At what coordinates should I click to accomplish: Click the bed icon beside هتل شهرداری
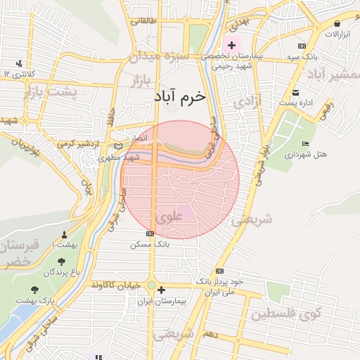[x=304, y=143]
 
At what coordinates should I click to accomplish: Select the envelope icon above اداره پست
[x=295, y=93]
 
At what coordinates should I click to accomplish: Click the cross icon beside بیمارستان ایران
[x=162, y=290]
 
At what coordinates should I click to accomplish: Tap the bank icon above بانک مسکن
[x=149, y=233]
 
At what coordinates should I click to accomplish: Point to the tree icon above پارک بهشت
[x=34, y=289]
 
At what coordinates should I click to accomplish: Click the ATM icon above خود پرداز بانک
[x=220, y=271]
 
